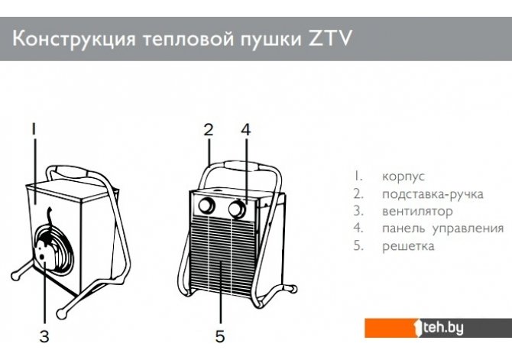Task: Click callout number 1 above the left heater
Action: [34, 129]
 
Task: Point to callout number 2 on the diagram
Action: [209, 130]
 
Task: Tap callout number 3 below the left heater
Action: [44, 336]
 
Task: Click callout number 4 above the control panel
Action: [246, 130]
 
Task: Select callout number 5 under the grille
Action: [220, 336]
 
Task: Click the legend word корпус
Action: [403, 177]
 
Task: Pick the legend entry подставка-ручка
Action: [433, 194]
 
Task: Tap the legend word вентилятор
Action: [417, 212]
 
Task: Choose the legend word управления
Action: [468, 229]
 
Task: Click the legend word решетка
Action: [408, 246]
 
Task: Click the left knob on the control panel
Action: [206, 206]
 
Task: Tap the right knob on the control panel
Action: [237, 209]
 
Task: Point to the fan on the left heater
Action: [54, 248]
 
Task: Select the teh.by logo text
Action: [443, 328]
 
